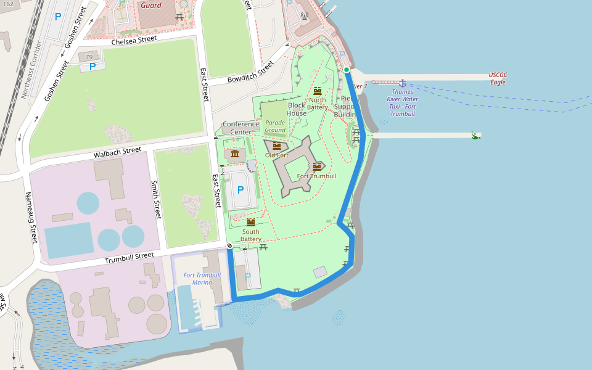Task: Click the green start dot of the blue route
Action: click(347, 70)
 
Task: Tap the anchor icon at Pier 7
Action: click(402, 82)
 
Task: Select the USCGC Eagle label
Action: click(498, 78)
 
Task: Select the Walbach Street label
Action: click(114, 151)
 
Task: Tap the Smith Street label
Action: click(157, 200)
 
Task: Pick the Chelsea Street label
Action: click(134, 40)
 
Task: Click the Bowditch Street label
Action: click(250, 73)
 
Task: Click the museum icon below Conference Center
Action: click(235, 153)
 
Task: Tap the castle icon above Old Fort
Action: click(276, 146)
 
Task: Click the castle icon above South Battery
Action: click(250, 222)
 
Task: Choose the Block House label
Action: click(297, 109)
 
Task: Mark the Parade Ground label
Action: click(275, 126)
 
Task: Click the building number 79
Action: click(89, 57)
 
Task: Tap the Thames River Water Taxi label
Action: click(402, 102)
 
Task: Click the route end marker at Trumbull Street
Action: click(229, 246)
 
